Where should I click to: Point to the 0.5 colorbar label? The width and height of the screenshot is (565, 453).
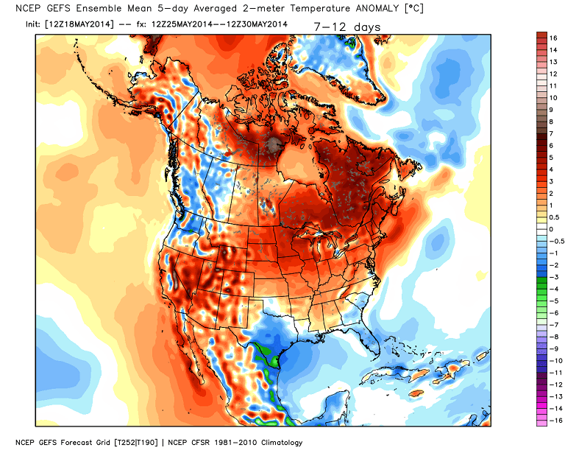552,217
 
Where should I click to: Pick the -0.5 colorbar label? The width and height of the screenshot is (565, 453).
554,241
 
